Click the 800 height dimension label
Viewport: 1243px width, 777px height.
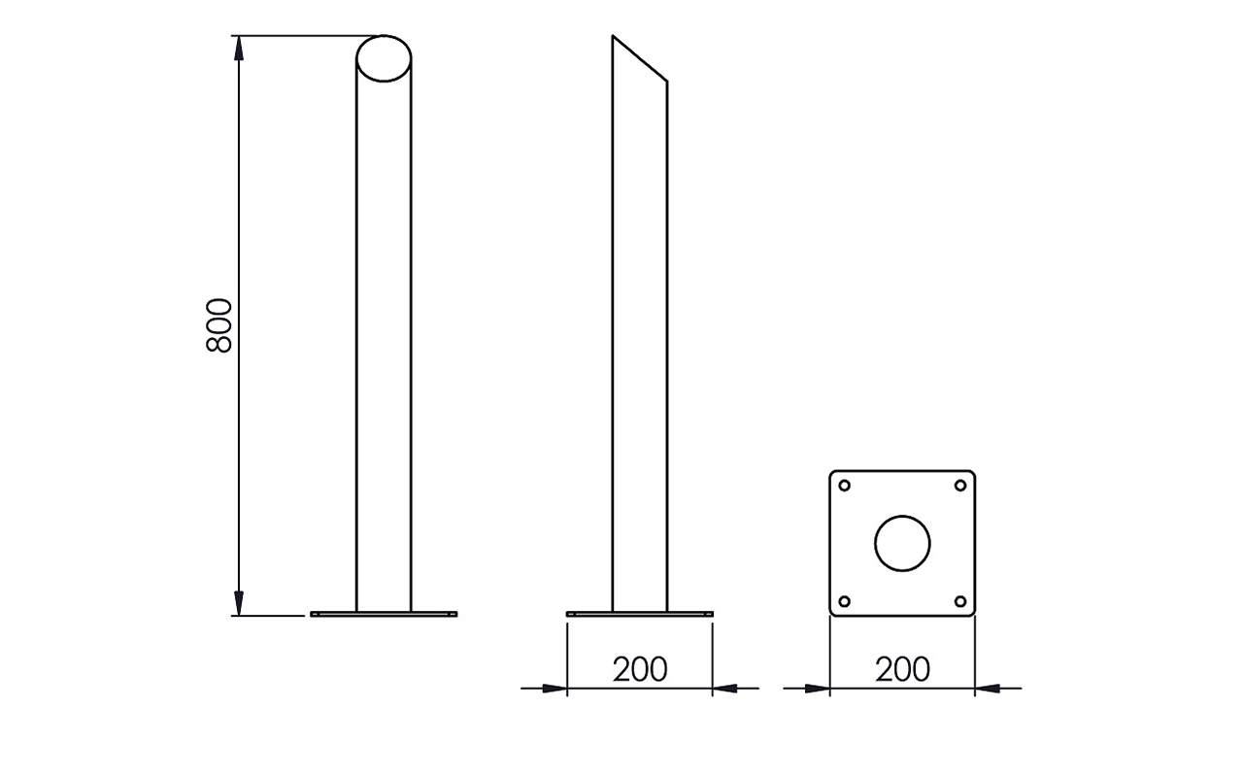(218, 325)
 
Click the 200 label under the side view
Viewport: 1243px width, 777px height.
(640, 669)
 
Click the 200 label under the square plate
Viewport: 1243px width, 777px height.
(902, 669)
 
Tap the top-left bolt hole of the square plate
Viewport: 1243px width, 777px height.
(844, 486)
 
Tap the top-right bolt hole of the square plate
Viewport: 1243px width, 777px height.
(960, 486)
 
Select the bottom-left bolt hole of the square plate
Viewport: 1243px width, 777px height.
(844, 601)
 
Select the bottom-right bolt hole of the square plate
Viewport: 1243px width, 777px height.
(960, 601)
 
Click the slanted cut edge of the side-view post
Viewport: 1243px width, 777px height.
(640, 58)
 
